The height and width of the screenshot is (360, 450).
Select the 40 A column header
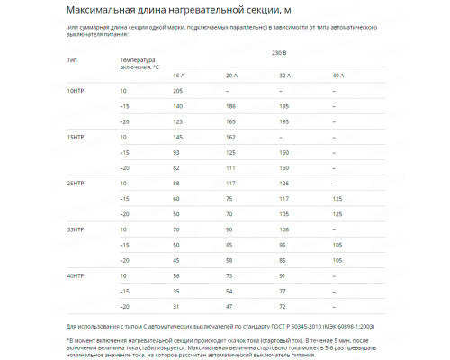[338, 75]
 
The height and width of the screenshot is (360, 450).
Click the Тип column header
[72, 59]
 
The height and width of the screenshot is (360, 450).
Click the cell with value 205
[177, 91]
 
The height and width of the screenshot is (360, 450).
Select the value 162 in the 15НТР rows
[230, 137]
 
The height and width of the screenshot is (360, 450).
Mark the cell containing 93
[176, 152]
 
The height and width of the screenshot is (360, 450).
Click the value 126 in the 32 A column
[283, 183]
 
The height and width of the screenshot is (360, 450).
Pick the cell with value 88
[176, 183]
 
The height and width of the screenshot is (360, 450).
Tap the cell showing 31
[176, 306]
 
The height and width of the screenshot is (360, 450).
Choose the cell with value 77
[283, 291]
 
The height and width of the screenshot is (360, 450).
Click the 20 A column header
[231, 75]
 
